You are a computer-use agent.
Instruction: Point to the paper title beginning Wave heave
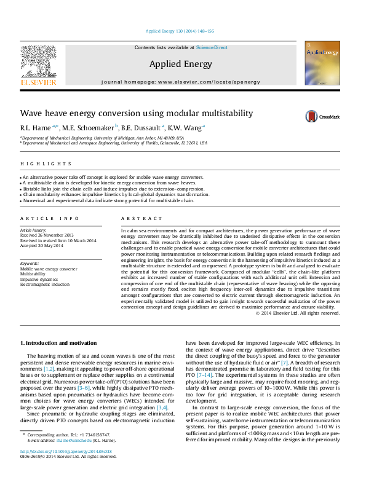tap(137, 114)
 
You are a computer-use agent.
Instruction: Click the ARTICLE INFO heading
tap(49, 219)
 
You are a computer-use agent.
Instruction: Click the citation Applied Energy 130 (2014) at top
tap(179, 31)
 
